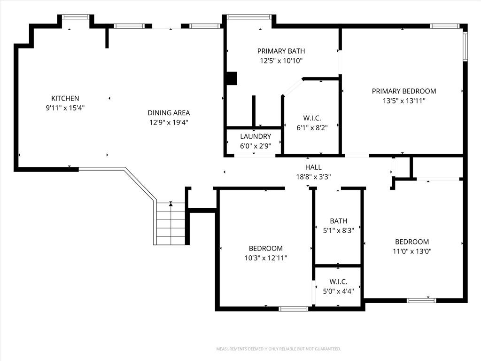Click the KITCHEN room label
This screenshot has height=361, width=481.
click(65, 98)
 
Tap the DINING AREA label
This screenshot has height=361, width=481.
click(169, 113)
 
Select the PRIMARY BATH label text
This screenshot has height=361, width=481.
click(281, 51)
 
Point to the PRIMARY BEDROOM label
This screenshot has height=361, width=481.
click(403, 91)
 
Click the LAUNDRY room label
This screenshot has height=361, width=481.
click(256, 136)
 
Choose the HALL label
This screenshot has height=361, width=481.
click(313, 167)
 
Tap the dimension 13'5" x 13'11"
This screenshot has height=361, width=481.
click(403, 101)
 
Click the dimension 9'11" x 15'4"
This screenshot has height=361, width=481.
click(65, 108)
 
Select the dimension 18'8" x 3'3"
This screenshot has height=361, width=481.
click(313, 177)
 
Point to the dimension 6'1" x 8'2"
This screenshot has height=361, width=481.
click(312, 128)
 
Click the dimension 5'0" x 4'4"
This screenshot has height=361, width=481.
click(338, 291)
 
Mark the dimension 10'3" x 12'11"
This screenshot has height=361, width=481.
click(266, 258)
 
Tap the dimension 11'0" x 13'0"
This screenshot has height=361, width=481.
click(412, 251)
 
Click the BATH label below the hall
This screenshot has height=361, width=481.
click(338, 221)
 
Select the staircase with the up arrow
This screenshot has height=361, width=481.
click(170, 223)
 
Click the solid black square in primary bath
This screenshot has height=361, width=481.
click(232, 78)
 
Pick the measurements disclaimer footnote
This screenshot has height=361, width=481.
click(279, 349)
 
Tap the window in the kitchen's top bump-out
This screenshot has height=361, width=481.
click(76, 17)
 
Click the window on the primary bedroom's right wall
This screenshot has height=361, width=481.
click(465, 47)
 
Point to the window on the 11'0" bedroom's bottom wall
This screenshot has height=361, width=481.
click(421, 300)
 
